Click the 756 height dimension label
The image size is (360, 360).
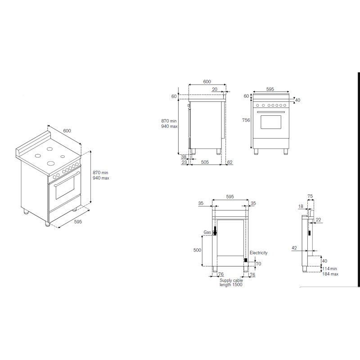(246, 120)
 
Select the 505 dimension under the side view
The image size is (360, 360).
(205, 162)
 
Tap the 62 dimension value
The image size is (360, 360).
(230, 162)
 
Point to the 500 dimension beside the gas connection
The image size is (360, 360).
(197, 250)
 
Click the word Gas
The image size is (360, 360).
(207, 232)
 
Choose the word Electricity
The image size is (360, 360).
(258, 252)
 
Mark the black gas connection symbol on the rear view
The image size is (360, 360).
(215, 231)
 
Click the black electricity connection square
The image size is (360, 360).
(246, 260)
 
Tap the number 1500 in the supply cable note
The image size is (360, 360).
(237, 285)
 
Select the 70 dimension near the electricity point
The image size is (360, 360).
(258, 264)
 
